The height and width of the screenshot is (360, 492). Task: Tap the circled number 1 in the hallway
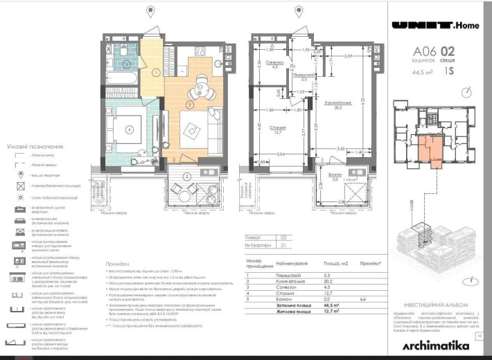point(157,72)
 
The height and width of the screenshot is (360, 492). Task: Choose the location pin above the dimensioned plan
point(299,12)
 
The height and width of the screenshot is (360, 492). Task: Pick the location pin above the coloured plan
point(151,12)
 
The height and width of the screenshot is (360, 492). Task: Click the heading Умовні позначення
point(35,147)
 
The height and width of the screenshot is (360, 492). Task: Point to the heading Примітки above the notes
point(116,264)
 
